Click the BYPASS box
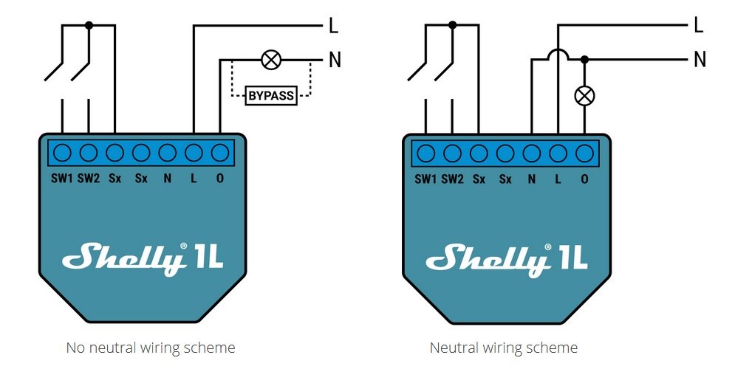pos(271,95)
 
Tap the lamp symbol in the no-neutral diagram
pos(271,60)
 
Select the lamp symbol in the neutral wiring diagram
pos(584,95)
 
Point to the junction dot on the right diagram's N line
pos(584,60)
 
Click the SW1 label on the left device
pos(62,179)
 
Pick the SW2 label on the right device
pos(452,179)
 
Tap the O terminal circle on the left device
pos(220,153)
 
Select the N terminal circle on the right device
pos(532,153)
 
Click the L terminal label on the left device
pos(194,179)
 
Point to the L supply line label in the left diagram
pos(333,25)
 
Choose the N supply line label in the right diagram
pos(700,60)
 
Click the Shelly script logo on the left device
pos(123,259)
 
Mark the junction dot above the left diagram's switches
pos(89,25)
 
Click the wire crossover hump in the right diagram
pos(558,54)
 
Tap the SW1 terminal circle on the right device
pos(425,153)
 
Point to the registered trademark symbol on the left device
pos(183,246)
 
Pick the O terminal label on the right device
pos(584,179)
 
